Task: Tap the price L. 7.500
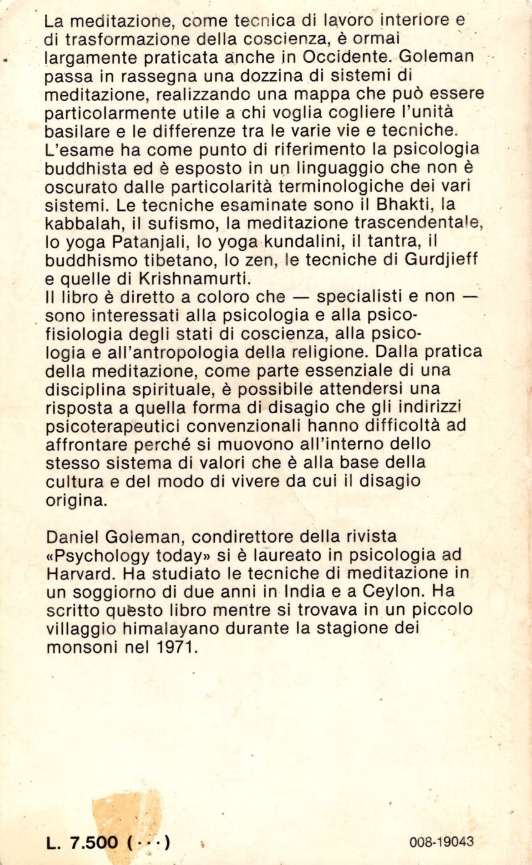coord(82,843)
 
